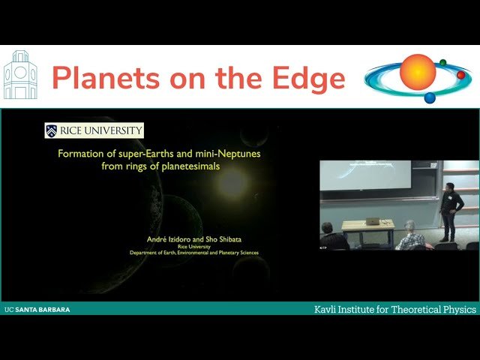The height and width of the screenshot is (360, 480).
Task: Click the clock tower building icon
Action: tap(20, 76)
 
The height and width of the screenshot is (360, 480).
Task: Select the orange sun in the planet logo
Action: tap(418, 72)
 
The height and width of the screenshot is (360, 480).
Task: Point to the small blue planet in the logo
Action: tap(430, 97)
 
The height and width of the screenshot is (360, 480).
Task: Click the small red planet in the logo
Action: tap(461, 75)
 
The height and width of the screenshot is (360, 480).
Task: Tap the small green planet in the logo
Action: tap(443, 62)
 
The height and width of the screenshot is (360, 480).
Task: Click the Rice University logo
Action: tap(94, 130)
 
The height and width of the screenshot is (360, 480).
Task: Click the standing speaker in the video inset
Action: tap(451, 210)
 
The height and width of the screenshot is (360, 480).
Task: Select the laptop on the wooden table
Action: tap(373, 220)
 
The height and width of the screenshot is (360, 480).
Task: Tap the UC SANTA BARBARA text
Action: tap(37, 309)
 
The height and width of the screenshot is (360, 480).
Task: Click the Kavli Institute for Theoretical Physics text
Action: tap(394, 309)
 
